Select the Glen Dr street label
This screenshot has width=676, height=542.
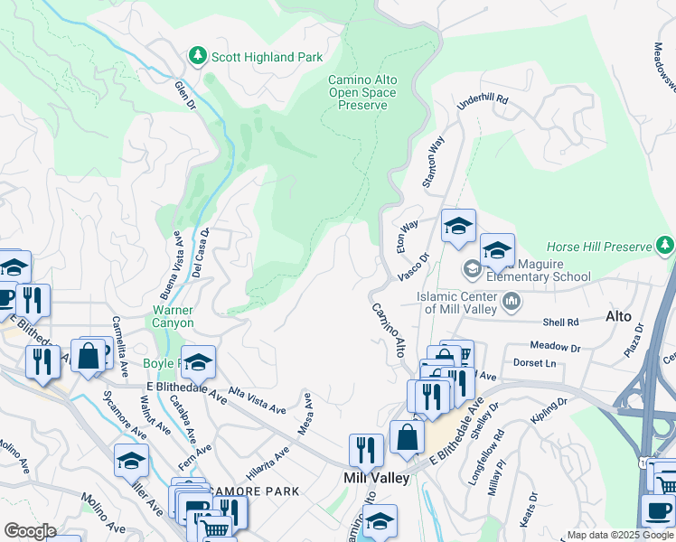[185, 95]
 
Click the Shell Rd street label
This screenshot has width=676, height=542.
[560, 322]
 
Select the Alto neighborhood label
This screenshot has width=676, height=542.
[618, 316]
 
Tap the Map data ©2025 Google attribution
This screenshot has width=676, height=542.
[619, 535]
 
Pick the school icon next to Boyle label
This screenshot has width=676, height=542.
[199, 362]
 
